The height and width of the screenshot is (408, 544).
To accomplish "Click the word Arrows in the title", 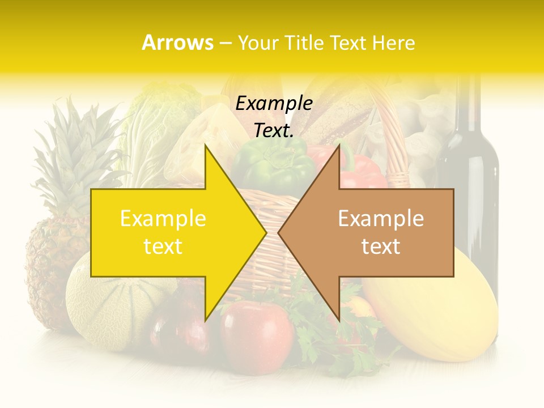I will coord(177,42).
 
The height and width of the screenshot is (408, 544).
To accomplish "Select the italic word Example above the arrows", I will coord(274,104).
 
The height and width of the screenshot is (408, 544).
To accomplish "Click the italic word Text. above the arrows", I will coord(274,130).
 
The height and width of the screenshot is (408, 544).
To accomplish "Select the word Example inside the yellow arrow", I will coord(163,219).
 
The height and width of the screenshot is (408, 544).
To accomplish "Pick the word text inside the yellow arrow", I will coord(163,246).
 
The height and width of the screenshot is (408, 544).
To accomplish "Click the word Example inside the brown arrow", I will coord(381,219).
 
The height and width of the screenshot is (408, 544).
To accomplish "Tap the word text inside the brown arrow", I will coord(381,246).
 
